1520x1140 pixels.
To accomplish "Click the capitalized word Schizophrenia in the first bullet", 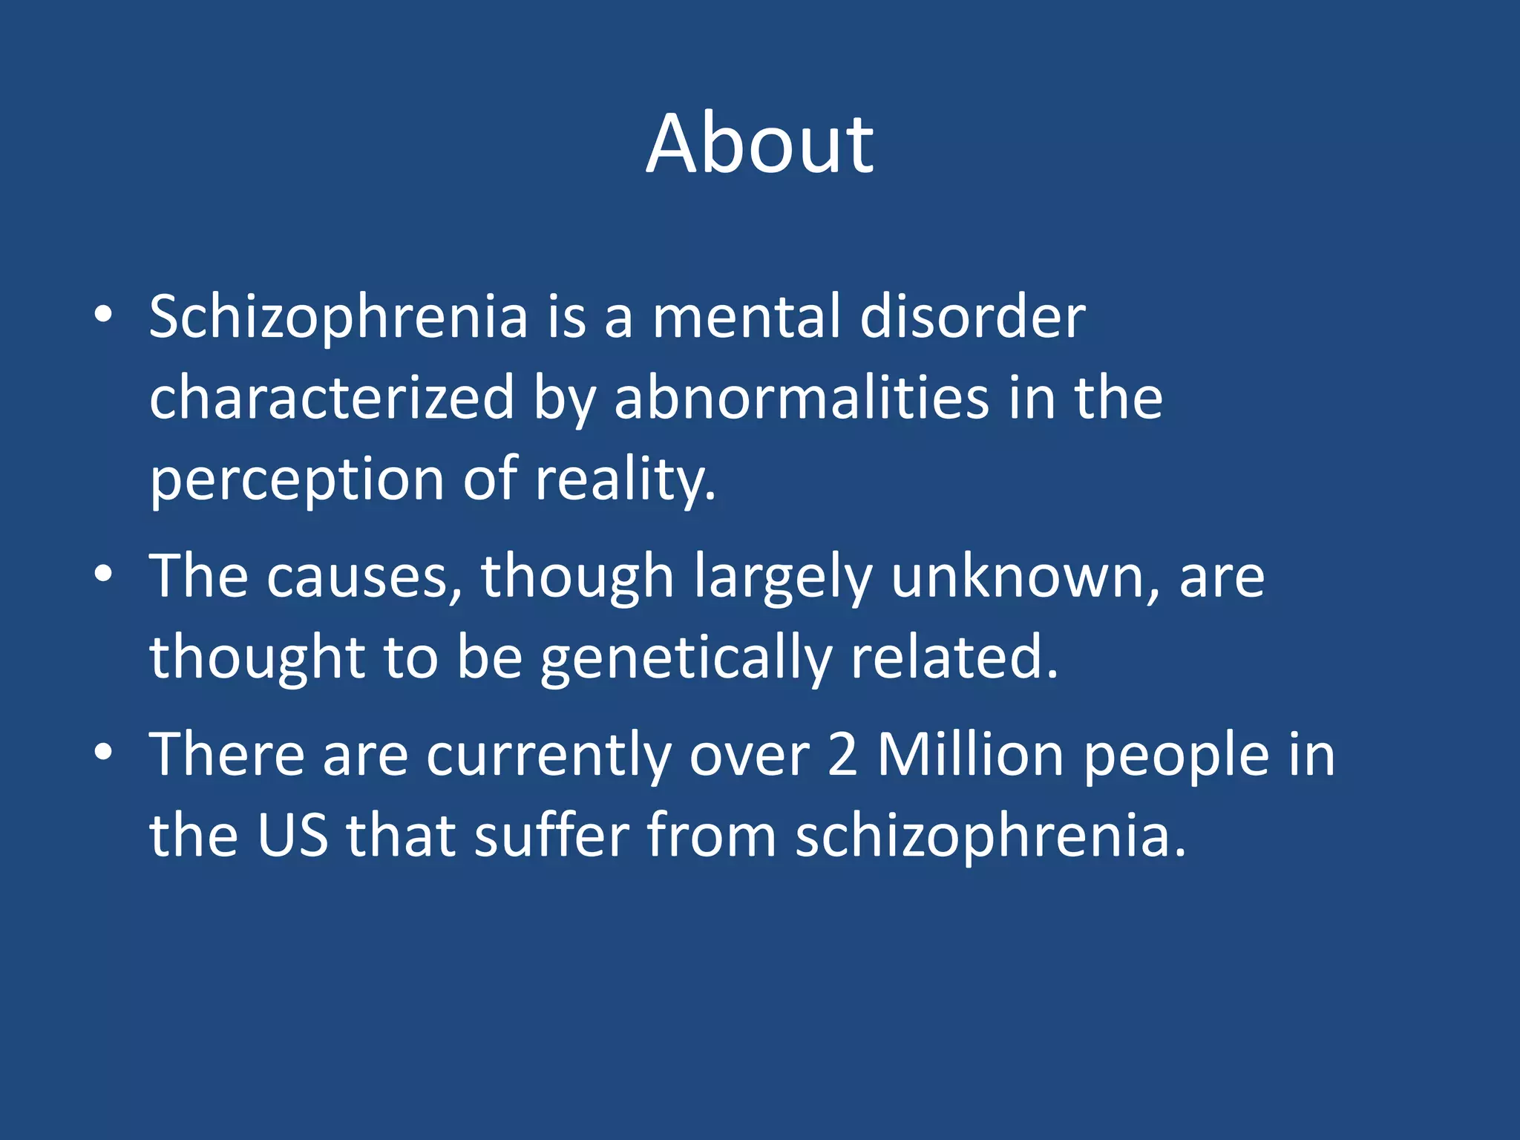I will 338,317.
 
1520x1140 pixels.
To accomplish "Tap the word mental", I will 747,317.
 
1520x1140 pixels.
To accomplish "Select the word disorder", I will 972,317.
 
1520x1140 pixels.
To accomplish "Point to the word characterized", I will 332,399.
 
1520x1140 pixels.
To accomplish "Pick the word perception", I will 297,480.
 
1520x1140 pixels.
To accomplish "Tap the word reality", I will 625,480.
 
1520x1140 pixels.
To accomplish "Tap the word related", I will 954,658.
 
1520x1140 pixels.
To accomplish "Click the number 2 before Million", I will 842,755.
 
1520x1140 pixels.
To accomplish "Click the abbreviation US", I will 292,836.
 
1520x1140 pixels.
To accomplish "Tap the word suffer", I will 552,836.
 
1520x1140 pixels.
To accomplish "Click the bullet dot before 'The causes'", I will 103,574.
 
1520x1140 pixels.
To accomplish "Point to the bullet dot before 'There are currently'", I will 103,752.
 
